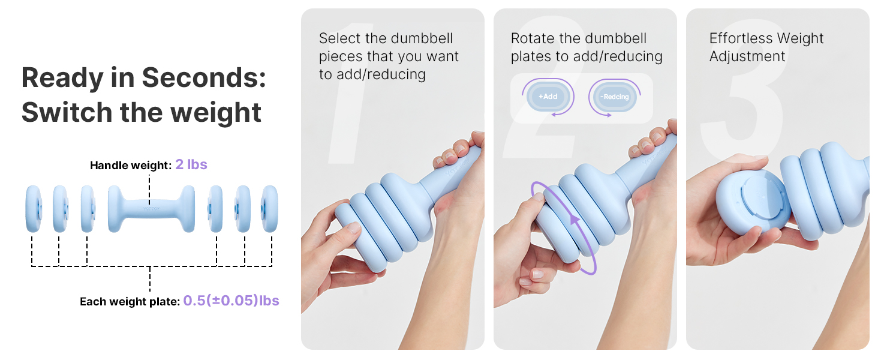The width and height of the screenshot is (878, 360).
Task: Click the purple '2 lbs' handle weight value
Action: pos(191,164)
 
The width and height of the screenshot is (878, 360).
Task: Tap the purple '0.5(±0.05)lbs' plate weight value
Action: pos(231,301)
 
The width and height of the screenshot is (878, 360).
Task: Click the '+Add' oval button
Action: pos(548,97)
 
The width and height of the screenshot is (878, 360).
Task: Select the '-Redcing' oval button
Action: pos(615,97)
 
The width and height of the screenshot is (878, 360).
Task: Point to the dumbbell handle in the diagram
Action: pos(151,209)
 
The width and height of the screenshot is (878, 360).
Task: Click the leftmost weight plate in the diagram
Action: pos(33,209)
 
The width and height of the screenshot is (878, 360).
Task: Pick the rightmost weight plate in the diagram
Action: pos(269,209)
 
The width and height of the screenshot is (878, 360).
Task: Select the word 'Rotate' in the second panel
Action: pos(533,38)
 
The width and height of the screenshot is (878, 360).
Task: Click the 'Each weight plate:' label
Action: pos(130,302)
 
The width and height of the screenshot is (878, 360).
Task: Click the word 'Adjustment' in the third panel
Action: pos(747,56)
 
